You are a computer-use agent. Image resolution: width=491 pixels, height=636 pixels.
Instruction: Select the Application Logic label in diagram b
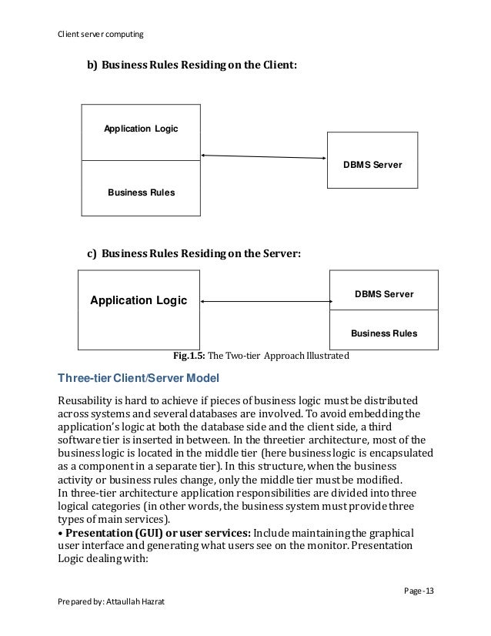141,129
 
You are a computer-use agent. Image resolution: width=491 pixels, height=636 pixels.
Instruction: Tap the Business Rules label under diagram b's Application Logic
141,192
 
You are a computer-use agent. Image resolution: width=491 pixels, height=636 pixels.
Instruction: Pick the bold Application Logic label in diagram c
139,300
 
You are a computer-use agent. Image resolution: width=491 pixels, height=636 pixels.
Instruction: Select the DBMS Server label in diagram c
383,294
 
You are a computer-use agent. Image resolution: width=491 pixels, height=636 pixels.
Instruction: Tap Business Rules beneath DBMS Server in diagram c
383,333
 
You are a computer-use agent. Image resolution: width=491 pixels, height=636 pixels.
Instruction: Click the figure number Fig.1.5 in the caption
192,356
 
